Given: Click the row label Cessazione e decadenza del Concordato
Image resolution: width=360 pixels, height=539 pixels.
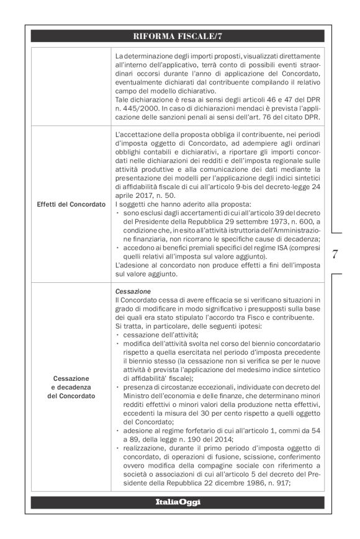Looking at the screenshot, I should pos(71,387).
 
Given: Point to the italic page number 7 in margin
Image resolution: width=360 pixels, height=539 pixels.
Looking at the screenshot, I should pos(335,254).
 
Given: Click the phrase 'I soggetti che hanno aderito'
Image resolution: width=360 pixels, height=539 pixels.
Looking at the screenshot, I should pos(155,204).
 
